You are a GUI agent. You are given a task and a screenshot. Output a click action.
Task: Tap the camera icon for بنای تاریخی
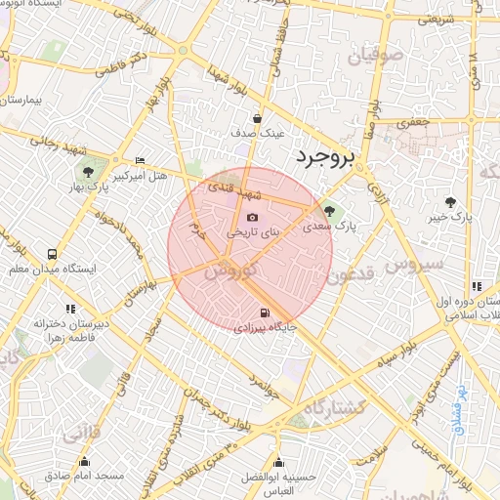(252, 218)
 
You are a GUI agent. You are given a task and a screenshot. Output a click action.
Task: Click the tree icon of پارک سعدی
(328, 208)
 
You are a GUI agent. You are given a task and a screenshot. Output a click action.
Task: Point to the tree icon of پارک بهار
(90, 173)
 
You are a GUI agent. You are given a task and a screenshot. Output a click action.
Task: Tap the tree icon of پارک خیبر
(450, 201)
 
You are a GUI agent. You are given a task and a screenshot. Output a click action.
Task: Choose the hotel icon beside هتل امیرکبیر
(141, 160)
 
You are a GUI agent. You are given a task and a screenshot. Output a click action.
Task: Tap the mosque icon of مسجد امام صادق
(83, 461)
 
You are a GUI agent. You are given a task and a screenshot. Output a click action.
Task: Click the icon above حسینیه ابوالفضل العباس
(280, 462)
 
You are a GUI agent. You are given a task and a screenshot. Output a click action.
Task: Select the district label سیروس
(413, 265)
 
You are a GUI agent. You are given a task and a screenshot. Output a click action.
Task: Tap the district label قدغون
(349, 276)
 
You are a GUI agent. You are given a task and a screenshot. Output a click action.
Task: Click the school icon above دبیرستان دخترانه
(69, 310)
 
